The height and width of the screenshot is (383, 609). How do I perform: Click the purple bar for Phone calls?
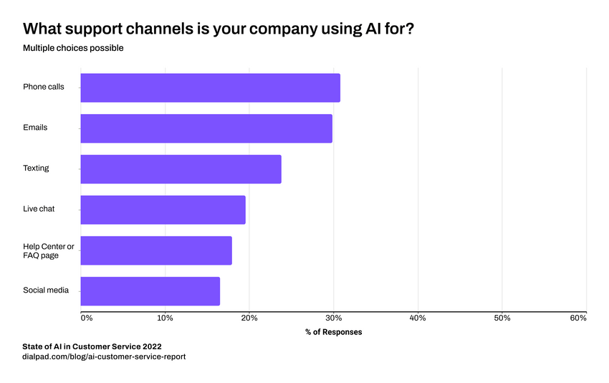click(x=210, y=88)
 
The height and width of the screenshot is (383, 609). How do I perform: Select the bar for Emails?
click(x=206, y=128)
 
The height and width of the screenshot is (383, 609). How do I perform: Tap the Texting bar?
click(x=181, y=169)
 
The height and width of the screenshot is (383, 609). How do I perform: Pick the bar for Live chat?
click(x=163, y=209)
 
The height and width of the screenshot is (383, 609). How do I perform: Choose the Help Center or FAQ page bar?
click(x=155, y=250)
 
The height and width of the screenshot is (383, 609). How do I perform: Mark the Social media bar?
click(x=150, y=291)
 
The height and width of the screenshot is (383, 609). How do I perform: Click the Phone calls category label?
click(x=44, y=87)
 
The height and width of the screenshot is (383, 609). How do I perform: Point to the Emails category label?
click(x=35, y=128)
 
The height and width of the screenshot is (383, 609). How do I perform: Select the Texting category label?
click(x=36, y=169)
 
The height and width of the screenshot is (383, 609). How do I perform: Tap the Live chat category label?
click(x=39, y=209)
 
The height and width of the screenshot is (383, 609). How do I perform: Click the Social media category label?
click(x=46, y=290)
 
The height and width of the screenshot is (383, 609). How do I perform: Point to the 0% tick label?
click(x=86, y=318)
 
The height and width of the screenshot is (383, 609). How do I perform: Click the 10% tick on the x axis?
click(x=165, y=318)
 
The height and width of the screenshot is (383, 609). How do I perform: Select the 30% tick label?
click(x=333, y=318)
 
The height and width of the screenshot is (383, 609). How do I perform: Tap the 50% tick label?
click(x=502, y=318)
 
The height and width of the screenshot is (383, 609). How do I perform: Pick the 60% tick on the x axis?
click(x=578, y=318)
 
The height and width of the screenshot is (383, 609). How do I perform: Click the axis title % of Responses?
click(x=333, y=332)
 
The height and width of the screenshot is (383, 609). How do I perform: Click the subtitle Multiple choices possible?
click(x=73, y=48)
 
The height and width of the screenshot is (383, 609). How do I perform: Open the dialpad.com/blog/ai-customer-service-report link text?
click(x=104, y=356)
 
